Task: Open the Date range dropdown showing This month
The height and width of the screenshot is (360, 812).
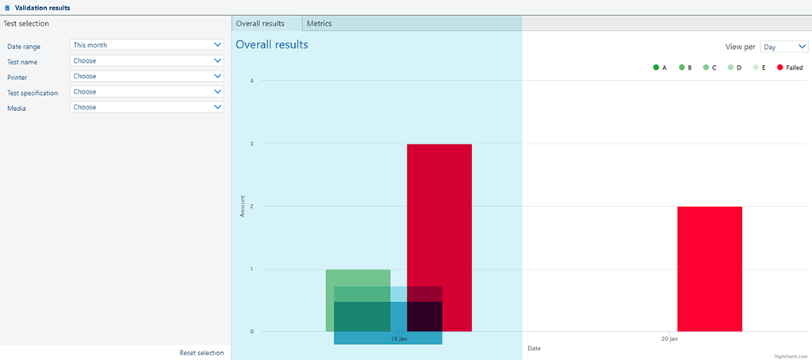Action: (x=146, y=45)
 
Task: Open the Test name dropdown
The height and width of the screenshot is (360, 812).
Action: (x=146, y=61)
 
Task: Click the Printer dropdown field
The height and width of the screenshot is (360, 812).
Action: (x=146, y=76)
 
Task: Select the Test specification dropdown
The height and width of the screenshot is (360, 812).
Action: (x=146, y=92)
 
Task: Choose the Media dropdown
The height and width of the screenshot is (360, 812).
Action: (x=146, y=107)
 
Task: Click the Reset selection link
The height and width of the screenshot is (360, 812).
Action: (x=201, y=353)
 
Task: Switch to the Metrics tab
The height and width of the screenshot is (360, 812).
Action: (x=319, y=24)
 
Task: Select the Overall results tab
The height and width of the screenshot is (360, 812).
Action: (x=260, y=24)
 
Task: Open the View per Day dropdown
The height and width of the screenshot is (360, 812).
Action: (x=783, y=47)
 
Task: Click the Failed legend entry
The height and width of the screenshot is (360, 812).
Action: (x=790, y=67)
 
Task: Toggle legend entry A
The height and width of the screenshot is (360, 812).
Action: (x=660, y=67)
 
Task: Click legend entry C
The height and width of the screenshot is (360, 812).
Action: (x=710, y=67)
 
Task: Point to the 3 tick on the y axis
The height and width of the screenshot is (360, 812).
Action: (x=251, y=144)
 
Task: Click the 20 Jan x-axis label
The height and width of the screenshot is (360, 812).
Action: (x=669, y=339)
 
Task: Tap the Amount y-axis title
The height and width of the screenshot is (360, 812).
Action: (x=243, y=206)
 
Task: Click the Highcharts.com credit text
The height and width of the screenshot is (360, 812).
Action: (x=791, y=356)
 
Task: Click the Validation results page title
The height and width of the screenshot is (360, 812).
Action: (x=42, y=7)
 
